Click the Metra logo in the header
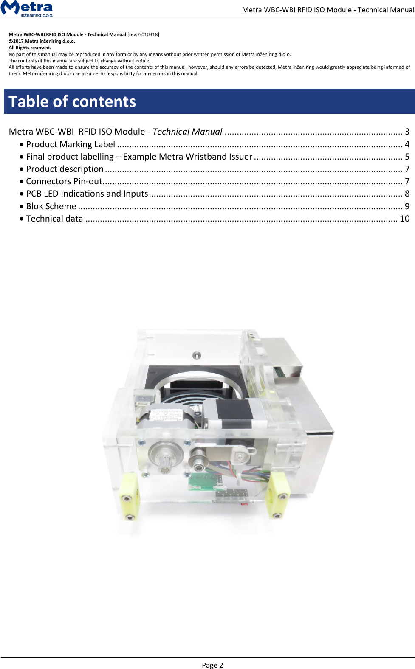[27, 8]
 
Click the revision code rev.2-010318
[143, 34]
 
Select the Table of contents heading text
[72, 102]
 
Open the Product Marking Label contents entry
[71, 144]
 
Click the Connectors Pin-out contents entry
[64, 181]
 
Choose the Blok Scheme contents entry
[51, 206]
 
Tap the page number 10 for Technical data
[404, 219]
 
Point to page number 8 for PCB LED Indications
[407, 194]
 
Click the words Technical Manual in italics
[187, 132]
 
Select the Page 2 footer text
[212, 665]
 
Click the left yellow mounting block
[129, 496]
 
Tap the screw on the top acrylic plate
[196, 355]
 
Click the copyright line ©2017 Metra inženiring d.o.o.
[42, 41]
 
